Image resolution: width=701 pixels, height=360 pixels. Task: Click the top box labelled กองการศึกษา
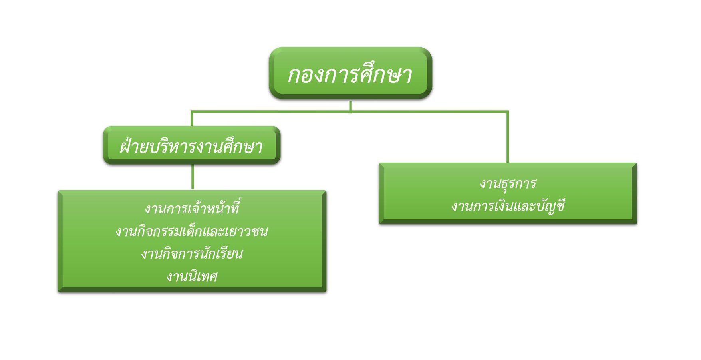350,73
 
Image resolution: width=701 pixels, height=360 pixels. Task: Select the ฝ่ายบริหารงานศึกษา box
192,145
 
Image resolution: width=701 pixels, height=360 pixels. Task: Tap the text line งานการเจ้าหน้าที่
192,208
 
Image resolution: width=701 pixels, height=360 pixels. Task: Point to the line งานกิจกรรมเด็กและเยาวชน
192,231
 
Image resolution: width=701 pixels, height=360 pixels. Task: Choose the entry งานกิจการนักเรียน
192,253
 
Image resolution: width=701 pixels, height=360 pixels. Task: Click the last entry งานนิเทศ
192,276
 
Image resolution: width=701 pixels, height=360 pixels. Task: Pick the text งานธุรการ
508,183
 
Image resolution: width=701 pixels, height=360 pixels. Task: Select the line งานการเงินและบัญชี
508,206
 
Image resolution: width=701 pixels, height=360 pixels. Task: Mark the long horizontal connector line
350,111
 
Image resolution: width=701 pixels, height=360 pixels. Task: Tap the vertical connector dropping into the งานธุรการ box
508,137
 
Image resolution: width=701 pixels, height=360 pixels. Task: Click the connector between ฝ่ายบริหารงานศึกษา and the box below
193,177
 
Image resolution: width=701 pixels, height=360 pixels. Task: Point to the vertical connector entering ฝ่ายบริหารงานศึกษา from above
192,119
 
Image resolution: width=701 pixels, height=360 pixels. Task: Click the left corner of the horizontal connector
192,111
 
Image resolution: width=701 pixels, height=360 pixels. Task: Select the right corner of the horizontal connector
508,111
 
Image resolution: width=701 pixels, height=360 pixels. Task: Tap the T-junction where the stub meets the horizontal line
350,111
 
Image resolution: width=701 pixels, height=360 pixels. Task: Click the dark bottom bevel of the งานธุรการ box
508,221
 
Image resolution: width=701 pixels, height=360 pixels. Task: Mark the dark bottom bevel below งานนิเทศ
192,290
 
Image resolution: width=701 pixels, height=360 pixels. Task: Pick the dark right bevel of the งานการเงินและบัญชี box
635,193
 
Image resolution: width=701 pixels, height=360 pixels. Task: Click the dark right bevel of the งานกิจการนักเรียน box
324,241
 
